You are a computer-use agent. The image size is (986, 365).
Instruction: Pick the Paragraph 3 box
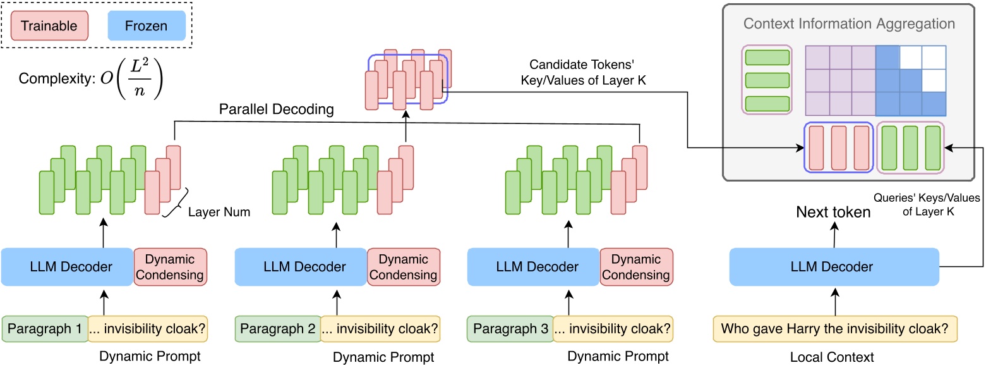pyautogui.click(x=510, y=329)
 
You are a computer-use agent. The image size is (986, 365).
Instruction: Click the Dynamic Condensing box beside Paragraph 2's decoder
pyautogui.click(x=404, y=267)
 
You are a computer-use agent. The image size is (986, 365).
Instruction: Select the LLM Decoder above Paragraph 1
pyautogui.click(x=67, y=267)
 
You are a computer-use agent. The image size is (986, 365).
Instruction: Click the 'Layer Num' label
pyautogui.click(x=219, y=213)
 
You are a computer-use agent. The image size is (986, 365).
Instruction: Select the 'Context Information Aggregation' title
pyautogui.click(x=849, y=25)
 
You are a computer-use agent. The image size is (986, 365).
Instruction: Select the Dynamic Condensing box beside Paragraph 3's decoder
pyautogui.click(x=636, y=267)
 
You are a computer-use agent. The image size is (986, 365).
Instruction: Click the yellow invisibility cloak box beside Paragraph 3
pyautogui.click(x=613, y=329)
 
